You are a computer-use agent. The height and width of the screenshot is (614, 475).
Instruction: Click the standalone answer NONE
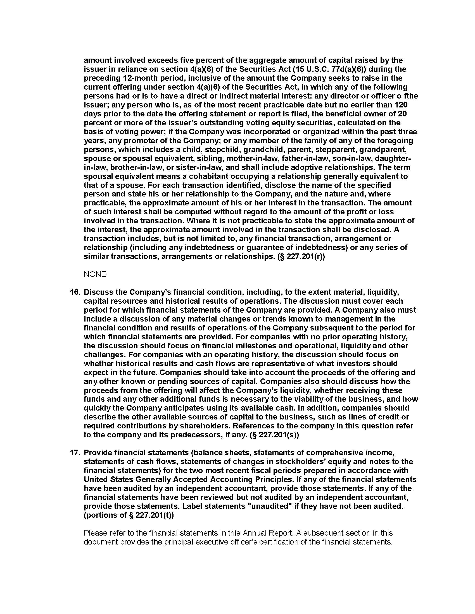point(95,274)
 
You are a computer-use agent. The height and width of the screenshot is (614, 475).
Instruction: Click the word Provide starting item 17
point(98,453)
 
